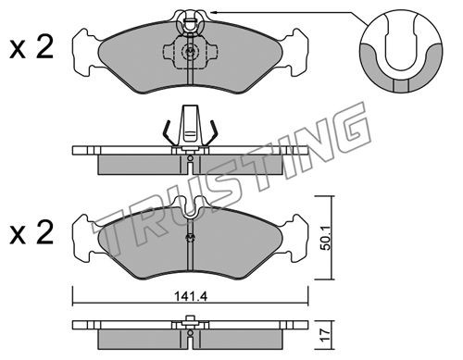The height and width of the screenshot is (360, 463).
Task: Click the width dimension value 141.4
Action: [x=191, y=297]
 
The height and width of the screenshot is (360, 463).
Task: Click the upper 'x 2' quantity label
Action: [x=31, y=48]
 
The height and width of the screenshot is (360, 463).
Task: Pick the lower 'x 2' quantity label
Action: [x=31, y=233]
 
